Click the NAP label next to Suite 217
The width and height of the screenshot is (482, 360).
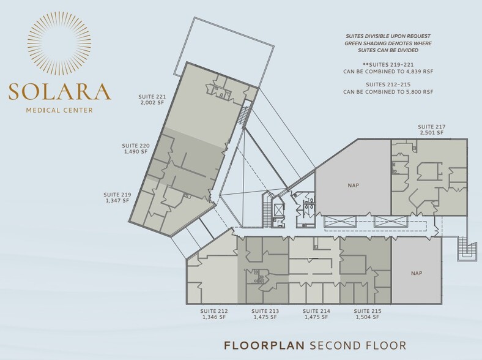click(x=353, y=186)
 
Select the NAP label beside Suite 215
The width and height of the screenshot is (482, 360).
click(x=417, y=273)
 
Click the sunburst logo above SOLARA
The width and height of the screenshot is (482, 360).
click(x=59, y=43)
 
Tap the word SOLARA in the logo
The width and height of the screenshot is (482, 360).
click(x=59, y=91)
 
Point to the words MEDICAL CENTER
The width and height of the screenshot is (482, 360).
click(x=59, y=110)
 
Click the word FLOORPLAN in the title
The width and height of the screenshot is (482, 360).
click(x=264, y=345)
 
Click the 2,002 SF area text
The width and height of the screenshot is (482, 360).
click(x=152, y=103)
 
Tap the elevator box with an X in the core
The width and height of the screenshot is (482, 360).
click(x=278, y=210)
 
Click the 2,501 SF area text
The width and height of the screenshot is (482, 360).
click(x=432, y=133)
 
